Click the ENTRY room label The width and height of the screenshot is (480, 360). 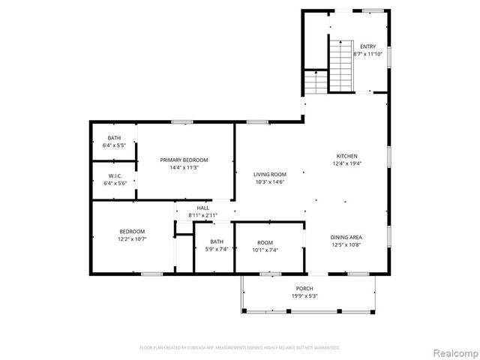(x=368, y=46)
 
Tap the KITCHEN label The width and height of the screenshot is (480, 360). (x=346, y=155)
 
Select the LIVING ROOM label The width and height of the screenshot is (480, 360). (x=270, y=173)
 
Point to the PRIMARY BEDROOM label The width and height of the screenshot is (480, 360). (x=184, y=160)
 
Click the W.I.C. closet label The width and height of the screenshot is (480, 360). (x=114, y=175)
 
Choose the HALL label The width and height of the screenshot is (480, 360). (x=202, y=208)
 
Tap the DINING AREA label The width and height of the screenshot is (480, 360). (x=346, y=237)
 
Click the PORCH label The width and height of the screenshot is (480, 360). (x=304, y=288)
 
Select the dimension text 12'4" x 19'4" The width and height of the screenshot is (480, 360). (x=346, y=163)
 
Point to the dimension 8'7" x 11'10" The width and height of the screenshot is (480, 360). (x=368, y=54)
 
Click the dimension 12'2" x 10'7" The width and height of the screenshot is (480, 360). (x=132, y=239)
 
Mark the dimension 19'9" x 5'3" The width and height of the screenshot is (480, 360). (x=304, y=295)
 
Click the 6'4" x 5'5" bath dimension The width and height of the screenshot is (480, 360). (x=114, y=145)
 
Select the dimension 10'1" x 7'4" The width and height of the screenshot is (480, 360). (x=265, y=250)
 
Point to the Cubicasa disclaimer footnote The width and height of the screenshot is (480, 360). (x=240, y=347)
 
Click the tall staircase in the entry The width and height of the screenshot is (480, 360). (x=342, y=64)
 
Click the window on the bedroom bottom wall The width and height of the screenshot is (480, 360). (x=152, y=274)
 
